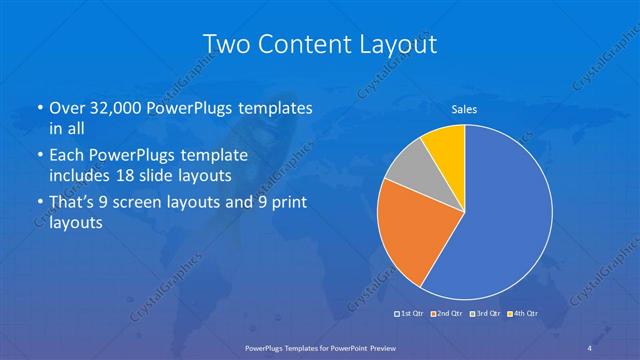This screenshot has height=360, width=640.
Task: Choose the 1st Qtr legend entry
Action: click(412, 314)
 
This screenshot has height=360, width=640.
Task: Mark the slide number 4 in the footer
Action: click(590, 346)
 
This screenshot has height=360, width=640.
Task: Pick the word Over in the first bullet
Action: click(67, 107)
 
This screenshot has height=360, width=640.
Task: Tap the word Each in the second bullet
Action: click(67, 156)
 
